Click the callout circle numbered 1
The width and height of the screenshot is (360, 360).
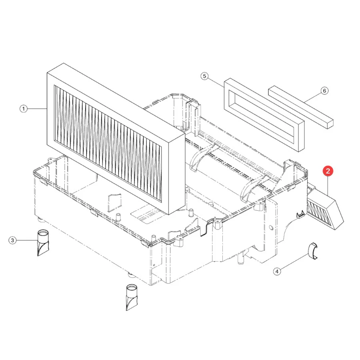(24, 108)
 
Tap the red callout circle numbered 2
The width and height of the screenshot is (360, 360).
(328, 171)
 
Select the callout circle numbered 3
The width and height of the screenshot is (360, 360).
(13, 240)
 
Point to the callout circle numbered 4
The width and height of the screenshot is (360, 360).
(277, 271)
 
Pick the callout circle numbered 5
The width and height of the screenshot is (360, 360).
(204, 76)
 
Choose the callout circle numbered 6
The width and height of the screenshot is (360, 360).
(324, 91)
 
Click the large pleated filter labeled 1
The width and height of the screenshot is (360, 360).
(116, 139)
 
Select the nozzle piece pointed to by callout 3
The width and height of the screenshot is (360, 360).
(43, 243)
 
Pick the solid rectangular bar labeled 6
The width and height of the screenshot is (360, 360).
(301, 107)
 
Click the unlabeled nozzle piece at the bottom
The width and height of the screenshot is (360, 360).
(132, 298)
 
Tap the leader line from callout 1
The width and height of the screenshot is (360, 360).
(37, 108)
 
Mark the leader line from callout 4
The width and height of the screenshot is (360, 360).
(294, 261)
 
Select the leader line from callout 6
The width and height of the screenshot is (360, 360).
(313, 97)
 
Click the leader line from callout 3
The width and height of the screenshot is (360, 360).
(27, 240)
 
